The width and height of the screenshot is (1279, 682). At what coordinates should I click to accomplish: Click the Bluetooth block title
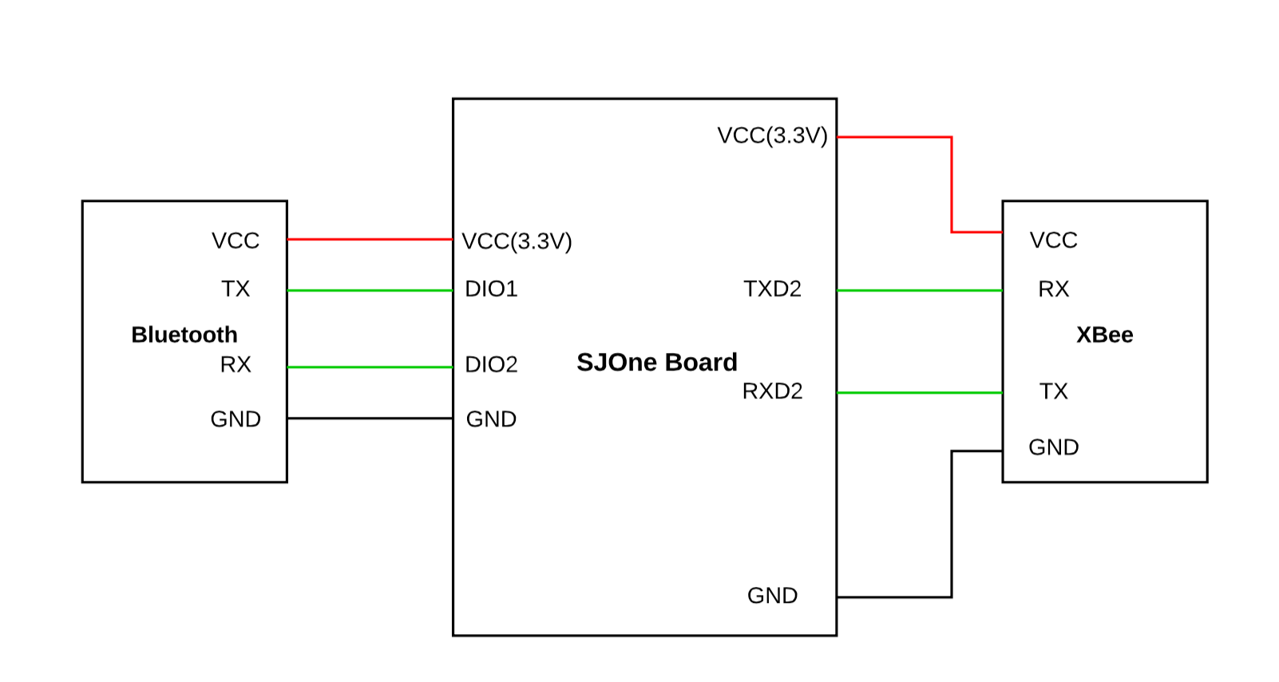tap(184, 335)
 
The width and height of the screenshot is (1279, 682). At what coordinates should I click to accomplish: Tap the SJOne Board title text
tap(656, 362)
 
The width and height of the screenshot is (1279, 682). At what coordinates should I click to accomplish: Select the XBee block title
tap(1104, 335)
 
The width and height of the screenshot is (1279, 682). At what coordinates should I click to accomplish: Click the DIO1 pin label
tap(491, 289)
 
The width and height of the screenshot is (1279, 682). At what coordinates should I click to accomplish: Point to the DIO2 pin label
tap(491, 364)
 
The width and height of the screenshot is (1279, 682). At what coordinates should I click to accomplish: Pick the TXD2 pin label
tap(772, 289)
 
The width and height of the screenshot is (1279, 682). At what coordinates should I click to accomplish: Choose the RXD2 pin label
tap(772, 391)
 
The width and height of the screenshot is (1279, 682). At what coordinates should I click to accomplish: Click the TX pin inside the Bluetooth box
tap(236, 289)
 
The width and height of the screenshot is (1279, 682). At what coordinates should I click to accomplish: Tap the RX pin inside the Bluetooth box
tap(236, 364)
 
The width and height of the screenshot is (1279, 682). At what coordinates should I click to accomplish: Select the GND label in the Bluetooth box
tap(236, 419)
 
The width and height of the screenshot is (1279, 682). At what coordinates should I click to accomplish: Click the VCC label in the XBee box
tap(1054, 240)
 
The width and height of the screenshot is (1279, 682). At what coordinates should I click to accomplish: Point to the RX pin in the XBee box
tap(1054, 289)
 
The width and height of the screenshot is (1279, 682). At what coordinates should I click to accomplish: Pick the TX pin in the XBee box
tap(1054, 391)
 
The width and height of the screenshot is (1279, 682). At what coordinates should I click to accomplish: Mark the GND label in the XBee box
tap(1054, 447)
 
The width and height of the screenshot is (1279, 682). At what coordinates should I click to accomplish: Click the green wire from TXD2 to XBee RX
tap(919, 291)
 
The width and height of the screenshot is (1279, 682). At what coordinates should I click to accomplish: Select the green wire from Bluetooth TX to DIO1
tap(370, 291)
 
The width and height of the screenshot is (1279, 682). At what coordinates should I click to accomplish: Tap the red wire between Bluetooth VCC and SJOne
tap(370, 240)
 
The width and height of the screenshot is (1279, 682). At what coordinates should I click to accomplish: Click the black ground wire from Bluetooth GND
tap(370, 418)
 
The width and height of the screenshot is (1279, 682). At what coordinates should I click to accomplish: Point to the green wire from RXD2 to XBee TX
tap(919, 393)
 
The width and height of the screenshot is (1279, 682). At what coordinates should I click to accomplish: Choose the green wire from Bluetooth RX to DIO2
tap(370, 367)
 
